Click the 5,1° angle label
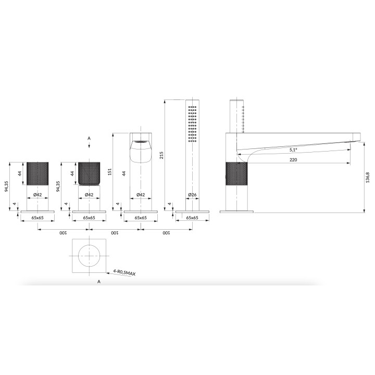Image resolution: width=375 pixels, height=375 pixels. tap(295, 149)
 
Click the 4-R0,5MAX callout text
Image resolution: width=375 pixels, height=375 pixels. tap(124, 272)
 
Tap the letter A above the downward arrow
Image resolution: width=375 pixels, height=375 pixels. tap(89, 138)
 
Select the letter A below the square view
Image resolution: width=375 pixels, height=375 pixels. tap(98, 282)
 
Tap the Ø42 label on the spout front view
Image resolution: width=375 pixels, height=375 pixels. tap(140, 195)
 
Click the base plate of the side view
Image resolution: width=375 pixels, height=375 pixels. tap(237, 211)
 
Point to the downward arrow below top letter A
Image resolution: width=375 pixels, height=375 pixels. tap(89, 147)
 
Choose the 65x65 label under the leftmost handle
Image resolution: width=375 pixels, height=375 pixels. tap(37, 219)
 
